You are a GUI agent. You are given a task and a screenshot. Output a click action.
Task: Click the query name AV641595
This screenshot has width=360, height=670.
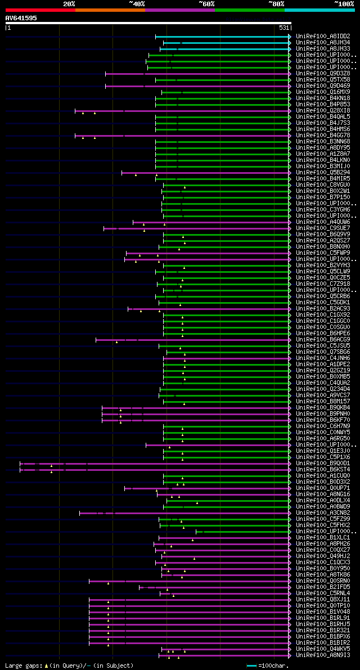[21, 18]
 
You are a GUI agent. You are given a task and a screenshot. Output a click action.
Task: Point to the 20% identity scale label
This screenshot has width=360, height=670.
[69, 3]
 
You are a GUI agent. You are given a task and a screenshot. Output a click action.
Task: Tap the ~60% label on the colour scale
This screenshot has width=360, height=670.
[206, 3]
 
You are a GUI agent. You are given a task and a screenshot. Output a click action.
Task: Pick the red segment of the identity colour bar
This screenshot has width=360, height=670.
[40, 10]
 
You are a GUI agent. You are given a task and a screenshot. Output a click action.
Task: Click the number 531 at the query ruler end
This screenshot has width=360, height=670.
[284, 27]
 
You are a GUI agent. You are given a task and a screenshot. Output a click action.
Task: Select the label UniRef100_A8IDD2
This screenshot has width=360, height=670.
[322, 36]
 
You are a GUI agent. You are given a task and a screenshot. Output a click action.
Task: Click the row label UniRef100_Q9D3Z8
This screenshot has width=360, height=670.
[322, 73]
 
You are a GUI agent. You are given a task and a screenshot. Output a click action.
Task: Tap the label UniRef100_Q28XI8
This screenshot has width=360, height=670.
[322, 110]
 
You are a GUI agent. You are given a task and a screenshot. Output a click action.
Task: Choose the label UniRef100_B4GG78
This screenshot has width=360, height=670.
[322, 135]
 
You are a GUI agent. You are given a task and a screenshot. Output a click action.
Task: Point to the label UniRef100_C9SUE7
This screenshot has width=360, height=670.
[322, 228]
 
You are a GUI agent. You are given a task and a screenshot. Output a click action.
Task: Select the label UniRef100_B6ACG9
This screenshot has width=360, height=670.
[322, 339]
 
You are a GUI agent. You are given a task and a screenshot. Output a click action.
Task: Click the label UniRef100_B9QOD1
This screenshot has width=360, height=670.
[322, 463]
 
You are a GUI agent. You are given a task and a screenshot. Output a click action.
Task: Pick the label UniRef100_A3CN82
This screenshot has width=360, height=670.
[322, 512]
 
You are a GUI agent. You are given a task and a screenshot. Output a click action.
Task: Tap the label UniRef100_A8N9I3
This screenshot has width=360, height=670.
[322, 655]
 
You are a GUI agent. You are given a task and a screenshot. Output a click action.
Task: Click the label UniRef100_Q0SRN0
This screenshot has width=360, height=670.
[322, 581]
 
